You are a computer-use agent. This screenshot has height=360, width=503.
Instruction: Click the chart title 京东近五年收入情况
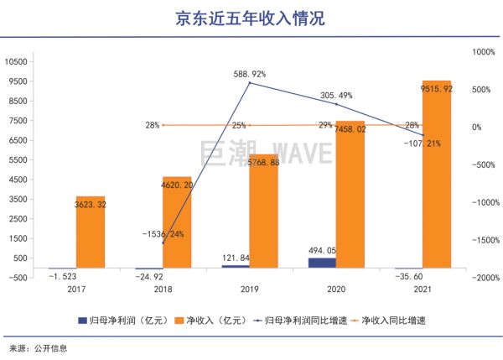pos(252,18)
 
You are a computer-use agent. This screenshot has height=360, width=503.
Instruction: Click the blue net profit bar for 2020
pos(322,263)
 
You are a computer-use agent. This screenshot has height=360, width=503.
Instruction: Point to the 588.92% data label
pos(250,74)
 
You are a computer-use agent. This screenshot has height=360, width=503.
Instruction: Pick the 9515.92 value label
pos(436,89)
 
